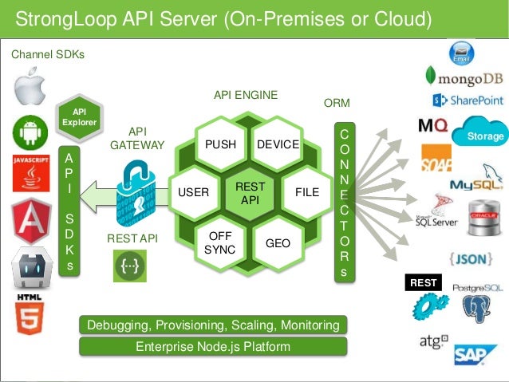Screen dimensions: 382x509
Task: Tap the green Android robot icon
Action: point(29,131)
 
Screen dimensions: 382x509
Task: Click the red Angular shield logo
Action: point(30,222)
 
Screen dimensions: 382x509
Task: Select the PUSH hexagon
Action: point(221,144)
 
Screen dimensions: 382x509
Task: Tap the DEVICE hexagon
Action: point(278,144)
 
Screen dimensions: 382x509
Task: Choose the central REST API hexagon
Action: point(250,192)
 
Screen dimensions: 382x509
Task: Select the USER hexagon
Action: point(193,192)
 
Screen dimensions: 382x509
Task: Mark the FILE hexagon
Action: point(306,192)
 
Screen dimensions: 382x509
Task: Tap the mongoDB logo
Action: point(464,77)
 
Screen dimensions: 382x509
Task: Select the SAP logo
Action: point(475,354)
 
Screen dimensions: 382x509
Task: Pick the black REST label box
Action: point(423,282)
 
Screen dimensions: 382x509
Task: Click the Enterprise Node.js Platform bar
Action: point(212,346)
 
